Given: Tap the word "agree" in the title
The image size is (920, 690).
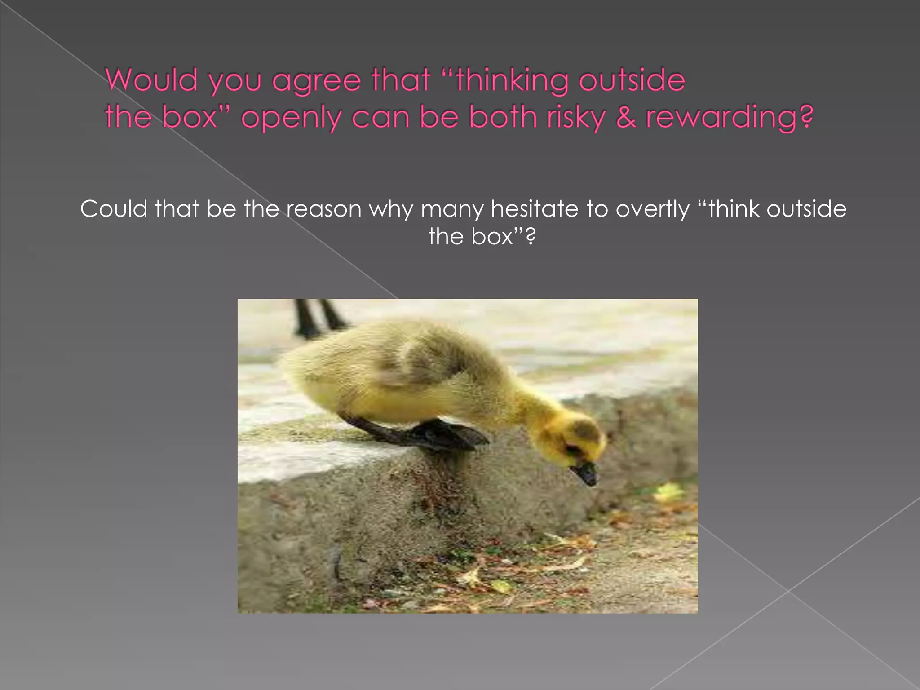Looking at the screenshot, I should click(x=316, y=81).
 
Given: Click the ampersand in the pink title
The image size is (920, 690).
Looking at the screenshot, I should click(x=626, y=117).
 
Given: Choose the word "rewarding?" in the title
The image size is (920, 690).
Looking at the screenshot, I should click(x=729, y=118).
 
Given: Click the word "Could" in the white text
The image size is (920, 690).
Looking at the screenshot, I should click(x=114, y=209).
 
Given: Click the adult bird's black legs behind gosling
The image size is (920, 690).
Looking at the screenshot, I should click(x=317, y=317).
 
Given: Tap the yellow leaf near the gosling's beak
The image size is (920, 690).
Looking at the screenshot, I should click(x=668, y=492).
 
